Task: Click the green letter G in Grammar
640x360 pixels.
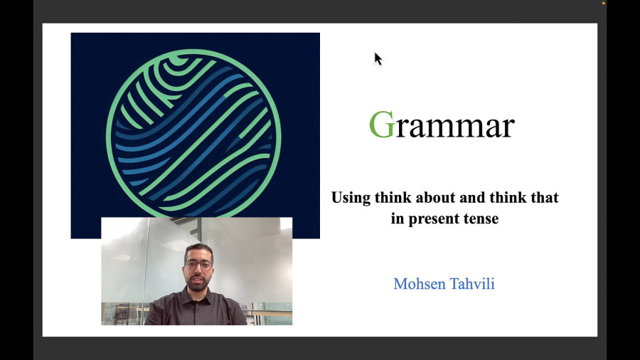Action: point(382,124)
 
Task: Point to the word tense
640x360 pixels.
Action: point(481,218)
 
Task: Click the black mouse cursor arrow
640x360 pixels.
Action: point(378,59)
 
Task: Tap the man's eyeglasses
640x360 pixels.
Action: point(199,265)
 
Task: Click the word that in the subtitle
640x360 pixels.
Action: point(545,197)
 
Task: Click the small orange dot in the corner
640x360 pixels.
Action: point(604,4)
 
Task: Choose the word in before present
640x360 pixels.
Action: point(397,218)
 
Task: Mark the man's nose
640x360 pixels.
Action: point(198,270)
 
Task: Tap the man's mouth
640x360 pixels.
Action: point(199,279)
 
